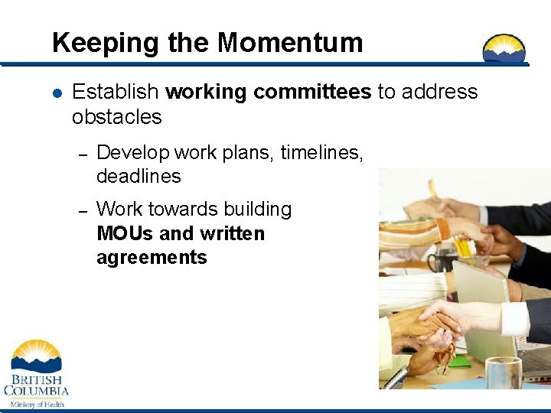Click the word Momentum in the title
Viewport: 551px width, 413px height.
pyautogui.click(x=290, y=43)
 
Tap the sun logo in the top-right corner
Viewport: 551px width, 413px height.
pyautogui.click(x=504, y=49)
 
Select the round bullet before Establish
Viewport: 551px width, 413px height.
pyautogui.click(x=57, y=93)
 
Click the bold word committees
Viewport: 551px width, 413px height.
pyautogui.click(x=313, y=93)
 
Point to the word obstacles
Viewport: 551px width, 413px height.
pyautogui.click(x=116, y=117)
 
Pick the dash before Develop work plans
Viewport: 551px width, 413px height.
pyautogui.click(x=85, y=154)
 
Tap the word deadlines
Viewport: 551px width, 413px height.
pyautogui.click(x=139, y=177)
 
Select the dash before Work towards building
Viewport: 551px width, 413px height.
pyautogui.click(x=85, y=210)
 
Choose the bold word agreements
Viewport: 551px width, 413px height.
pyautogui.click(x=152, y=258)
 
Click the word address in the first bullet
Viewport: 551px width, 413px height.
pyautogui.click(x=439, y=93)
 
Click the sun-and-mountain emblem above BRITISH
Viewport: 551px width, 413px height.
pyautogui.click(x=36, y=354)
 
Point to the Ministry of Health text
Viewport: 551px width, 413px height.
pyautogui.click(x=37, y=404)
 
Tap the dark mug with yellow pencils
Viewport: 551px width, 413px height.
pyautogui.click(x=445, y=261)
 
